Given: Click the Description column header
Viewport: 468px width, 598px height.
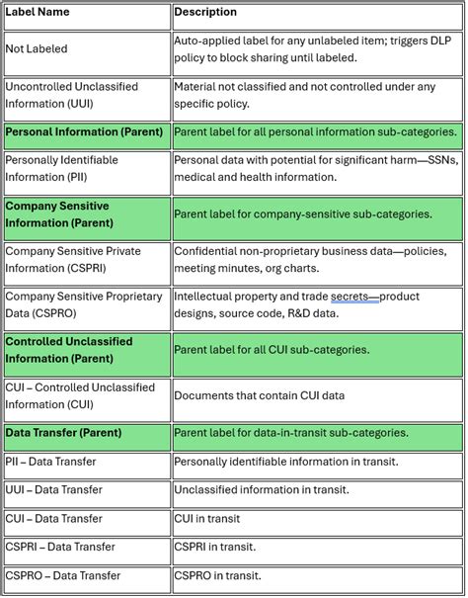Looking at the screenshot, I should [x=205, y=13].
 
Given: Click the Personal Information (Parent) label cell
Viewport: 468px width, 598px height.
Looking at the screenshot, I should [x=77, y=132].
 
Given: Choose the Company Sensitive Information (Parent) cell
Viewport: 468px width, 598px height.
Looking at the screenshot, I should [x=59, y=214].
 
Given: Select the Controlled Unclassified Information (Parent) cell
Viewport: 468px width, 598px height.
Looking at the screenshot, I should [x=69, y=350].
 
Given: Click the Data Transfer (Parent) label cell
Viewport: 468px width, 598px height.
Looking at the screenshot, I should [x=63, y=433].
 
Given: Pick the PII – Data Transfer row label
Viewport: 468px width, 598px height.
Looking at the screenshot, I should [x=51, y=462].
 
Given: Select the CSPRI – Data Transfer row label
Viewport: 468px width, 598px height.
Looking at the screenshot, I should [x=59, y=547].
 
